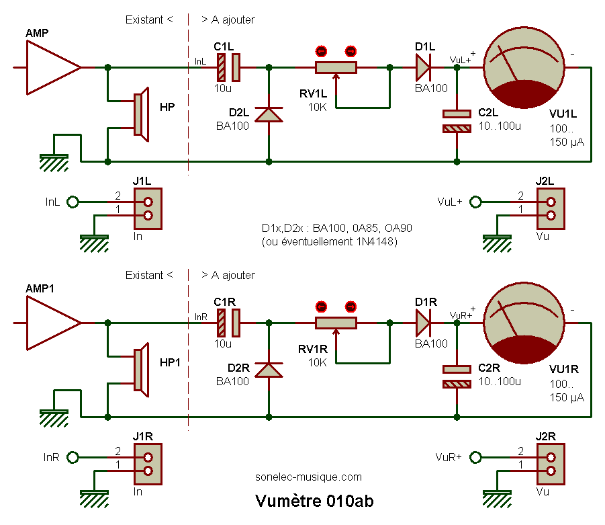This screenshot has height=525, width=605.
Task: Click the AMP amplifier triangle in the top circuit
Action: (x=50, y=67)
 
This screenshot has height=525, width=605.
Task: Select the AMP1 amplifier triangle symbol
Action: (x=50, y=323)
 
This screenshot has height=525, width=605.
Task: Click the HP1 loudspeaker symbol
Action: (x=140, y=370)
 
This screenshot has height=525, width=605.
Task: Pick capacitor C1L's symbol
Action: (x=228, y=67)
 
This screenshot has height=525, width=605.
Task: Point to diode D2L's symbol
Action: (x=269, y=114)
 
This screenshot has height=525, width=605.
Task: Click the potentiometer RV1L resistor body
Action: (x=336, y=67)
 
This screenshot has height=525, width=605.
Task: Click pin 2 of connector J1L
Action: (x=148, y=202)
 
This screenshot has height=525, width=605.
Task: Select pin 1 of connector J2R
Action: (x=551, y=471)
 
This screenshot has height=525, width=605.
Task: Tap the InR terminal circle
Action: (x=73, y=457)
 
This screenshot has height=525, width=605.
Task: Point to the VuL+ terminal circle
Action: (x=476, y=202)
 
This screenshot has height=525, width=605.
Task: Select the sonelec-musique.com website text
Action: (x=308, y=477)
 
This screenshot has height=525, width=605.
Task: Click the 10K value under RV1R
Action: (x=318, y=362)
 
